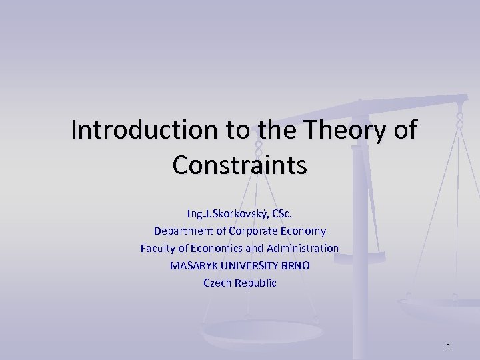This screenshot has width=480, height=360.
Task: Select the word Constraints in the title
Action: point(239,165)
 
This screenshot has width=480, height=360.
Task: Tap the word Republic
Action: point(254,283)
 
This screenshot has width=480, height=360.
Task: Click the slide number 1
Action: point(449,346)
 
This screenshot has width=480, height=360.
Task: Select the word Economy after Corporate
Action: point(303,231)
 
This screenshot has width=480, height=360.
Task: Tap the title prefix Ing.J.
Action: point(198,214)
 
